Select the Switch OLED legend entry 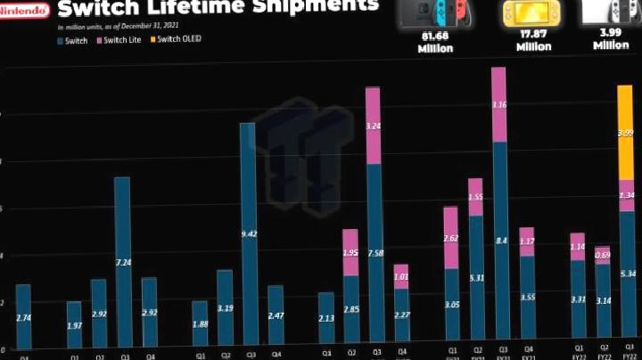click(x=178, y=40)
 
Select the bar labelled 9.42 click(x=248, y=235)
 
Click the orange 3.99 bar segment click(x=626, y=133)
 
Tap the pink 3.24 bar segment click(x=374, y=126)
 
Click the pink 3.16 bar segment click(x=499, y=104)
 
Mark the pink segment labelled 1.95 click(x=350, y=252)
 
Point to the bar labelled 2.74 click(x=23, y=316)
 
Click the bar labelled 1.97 click(x=74, y=325)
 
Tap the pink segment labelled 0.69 click(x=603, y=256)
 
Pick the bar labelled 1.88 click(x=200, y=325)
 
